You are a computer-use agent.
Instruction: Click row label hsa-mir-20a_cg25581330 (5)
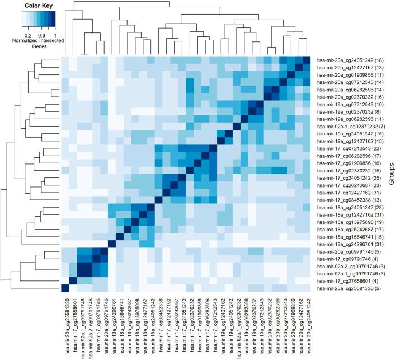tap(347, 289)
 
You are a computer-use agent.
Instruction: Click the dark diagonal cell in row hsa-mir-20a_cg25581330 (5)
tap(64, 289)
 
